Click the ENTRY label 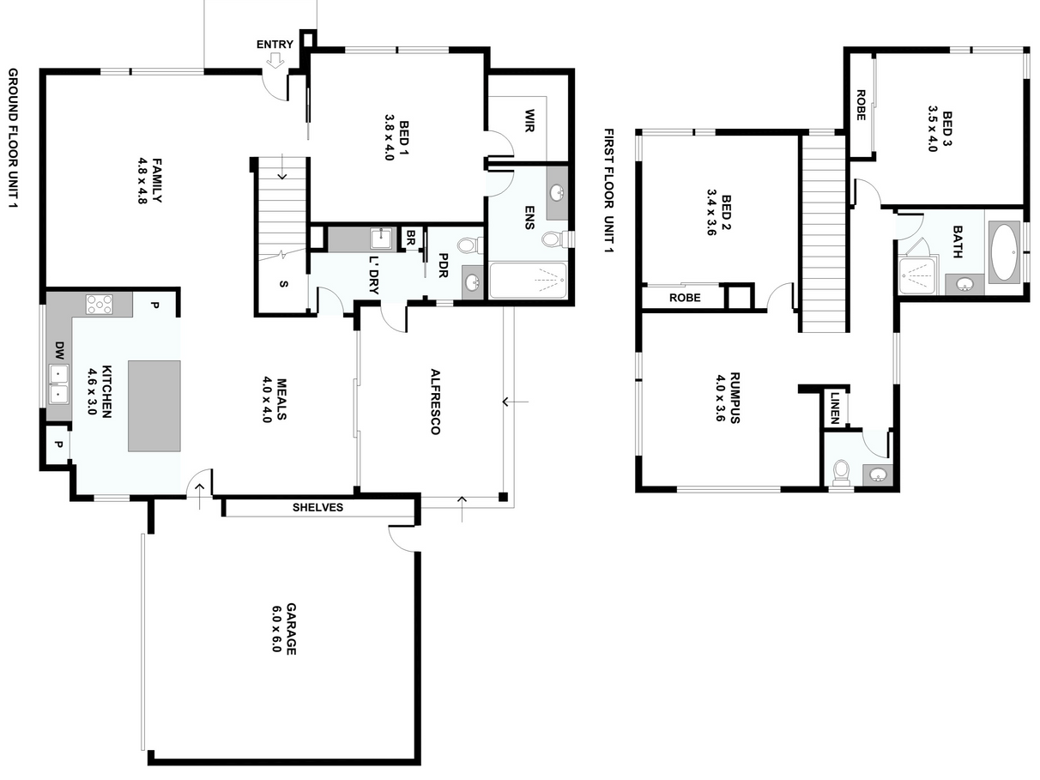(275, 45)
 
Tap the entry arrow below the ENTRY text (275, 60)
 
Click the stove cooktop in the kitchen (100, 304)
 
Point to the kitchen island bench (154, 406)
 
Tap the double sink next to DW (58, 384)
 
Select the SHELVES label (318, 508)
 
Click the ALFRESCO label (435, 402)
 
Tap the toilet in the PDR (469, 245)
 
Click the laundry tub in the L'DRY (380, 239)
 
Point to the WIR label (529, 121)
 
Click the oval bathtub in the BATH (1005, 252)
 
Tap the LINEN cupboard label (835, 408)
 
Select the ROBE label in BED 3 (861, 106)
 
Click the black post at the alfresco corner (504, 498)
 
